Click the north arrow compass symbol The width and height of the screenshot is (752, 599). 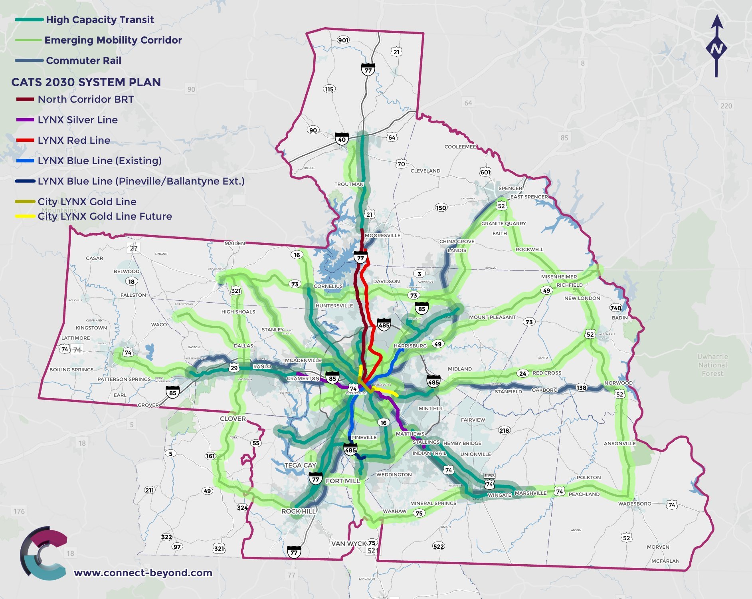click(x=716, y=47)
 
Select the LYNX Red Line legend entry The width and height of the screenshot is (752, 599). click(x=74, y=140)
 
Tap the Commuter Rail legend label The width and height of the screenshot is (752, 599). click(x=83, y=60)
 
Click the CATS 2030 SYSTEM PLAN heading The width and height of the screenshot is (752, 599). click(x=86, y=82)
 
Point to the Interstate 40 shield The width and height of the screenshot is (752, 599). click(x=342, y=138)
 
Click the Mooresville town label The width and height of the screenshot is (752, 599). click(x=382, y=235)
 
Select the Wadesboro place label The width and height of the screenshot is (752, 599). click(x=635, y=504)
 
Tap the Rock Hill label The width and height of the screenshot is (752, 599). click(x=298, y=511)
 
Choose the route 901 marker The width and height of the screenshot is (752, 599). click(x=343, y=40)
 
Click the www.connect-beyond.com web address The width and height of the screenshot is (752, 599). click(x=143, y=573)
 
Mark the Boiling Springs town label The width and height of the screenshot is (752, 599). click(x=71, y=369)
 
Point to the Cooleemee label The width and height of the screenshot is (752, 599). click(x=460, y=147)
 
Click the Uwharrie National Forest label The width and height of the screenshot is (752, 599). click(x=712, y=365)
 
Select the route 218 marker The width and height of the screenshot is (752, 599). click(x=504, y=430)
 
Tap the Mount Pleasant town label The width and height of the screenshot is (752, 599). click(x=492, y=317)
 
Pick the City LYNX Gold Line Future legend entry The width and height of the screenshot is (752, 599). click(x=105, y=216)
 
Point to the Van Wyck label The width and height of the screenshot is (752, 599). click(x=348, y=543)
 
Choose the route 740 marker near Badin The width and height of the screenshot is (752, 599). click(x=615, y=308)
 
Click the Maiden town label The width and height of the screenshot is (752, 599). click(x=235, y=243)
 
